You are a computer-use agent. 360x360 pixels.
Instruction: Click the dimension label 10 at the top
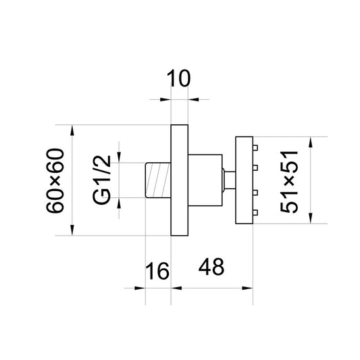pos(178,78)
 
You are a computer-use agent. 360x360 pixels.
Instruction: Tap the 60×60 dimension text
pos(55,181)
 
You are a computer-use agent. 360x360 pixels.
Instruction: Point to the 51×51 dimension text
pos(289,182)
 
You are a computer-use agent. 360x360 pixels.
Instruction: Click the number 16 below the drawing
pos(157,271)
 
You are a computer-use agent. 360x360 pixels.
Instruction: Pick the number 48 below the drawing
pos(211,267)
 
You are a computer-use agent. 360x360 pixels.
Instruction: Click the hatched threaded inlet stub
pos(158,180)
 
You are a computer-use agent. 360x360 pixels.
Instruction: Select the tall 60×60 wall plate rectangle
pos(180,180)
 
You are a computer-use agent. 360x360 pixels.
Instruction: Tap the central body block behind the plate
pos(205,180)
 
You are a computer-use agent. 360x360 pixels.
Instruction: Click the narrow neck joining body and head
pos(229,180)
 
